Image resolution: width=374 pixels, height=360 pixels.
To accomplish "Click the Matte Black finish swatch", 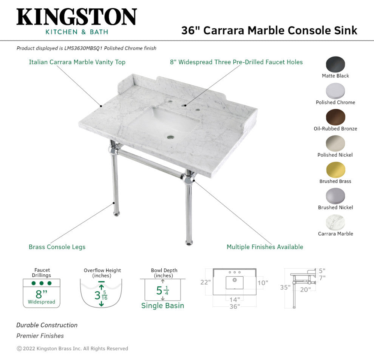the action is point(335,64).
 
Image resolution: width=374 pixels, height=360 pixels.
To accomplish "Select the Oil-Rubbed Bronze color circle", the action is point(335,117).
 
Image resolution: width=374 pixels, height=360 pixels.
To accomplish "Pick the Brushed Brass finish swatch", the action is point(335,170).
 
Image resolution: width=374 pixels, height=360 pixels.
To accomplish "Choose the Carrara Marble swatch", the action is point(335,222).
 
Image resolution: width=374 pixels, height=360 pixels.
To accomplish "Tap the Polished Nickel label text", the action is point(335,155).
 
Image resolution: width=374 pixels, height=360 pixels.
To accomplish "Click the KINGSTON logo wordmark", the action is point(77,17).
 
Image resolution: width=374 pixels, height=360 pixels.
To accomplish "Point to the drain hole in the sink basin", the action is point(170,137).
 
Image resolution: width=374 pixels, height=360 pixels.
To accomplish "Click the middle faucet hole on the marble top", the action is point(184,105).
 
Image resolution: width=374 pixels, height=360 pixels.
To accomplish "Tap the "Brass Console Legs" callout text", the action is point(57,247).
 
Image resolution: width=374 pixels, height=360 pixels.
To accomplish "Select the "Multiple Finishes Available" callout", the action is point(265,247).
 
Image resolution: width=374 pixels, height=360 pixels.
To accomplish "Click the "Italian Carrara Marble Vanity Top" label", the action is point(77,62).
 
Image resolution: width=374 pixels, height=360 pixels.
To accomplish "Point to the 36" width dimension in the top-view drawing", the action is point(235,306).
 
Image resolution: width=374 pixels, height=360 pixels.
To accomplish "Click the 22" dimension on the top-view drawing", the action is point(206,282).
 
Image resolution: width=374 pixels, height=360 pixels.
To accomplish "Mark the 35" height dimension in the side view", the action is point(285,287).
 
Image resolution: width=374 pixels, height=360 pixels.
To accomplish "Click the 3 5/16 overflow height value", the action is point(101,295).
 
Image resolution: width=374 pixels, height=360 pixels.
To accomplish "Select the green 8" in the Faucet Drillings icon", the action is point(41,294).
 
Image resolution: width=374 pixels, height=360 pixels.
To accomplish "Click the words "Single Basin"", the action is point(163,305).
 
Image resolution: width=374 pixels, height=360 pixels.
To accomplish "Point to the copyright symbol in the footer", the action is point(19,349).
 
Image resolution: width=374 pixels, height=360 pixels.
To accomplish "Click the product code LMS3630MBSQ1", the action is point(83,48).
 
